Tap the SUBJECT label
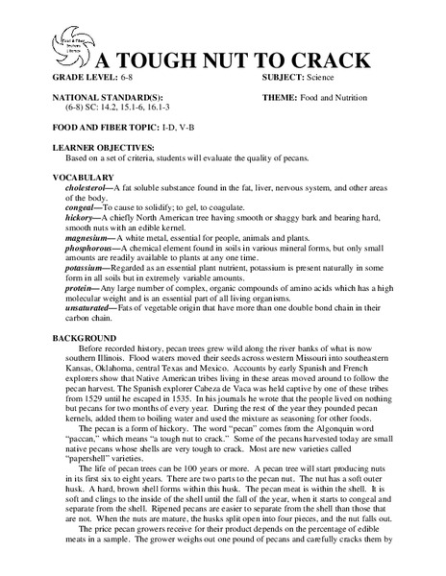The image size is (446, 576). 283,76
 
